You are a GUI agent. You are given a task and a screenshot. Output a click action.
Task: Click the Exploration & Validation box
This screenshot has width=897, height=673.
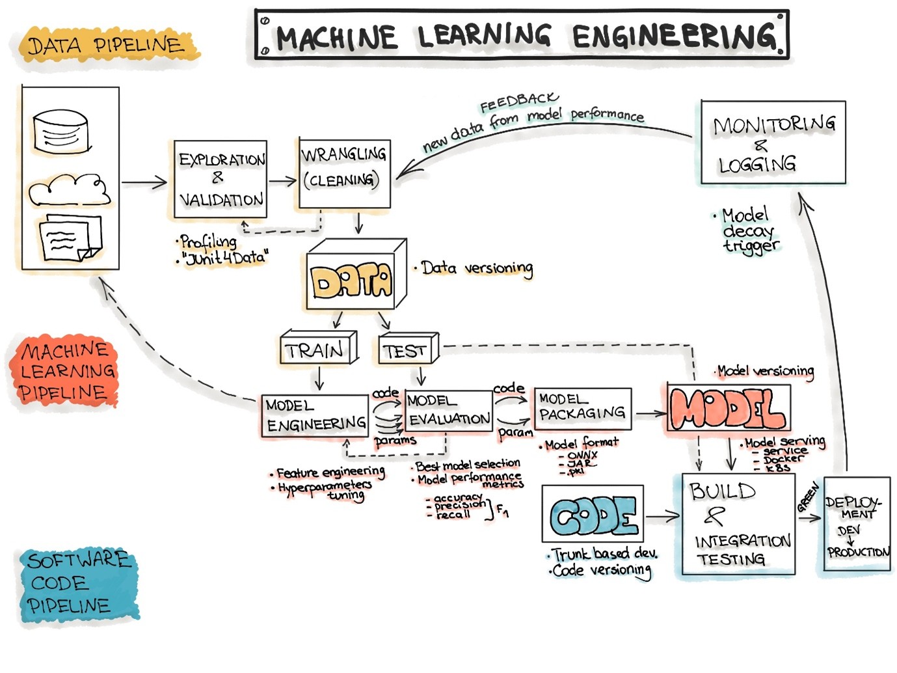coord(221,179)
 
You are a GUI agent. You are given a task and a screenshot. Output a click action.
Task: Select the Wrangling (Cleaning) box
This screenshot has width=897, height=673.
coord(344,174)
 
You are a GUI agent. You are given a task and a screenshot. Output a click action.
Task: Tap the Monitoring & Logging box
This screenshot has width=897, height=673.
coord(773,143)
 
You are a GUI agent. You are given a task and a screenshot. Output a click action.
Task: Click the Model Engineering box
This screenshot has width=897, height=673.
coord(315,415)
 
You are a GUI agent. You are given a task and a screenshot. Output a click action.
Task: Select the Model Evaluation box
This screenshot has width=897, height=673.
coord(448,411)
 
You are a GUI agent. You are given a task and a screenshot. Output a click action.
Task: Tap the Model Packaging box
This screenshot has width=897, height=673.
coord(582,408)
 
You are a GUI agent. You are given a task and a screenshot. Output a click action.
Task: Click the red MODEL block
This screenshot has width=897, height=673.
coord(728,409)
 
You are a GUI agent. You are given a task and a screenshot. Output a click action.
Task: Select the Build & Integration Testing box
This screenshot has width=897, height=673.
coord(738,525)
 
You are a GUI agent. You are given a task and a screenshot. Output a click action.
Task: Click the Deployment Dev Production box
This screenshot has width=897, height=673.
coord(856,525)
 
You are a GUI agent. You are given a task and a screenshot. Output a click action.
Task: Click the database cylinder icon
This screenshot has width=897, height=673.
coord(59,132)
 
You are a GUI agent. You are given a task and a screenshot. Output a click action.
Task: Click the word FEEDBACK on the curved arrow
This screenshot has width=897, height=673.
coord(518,102)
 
